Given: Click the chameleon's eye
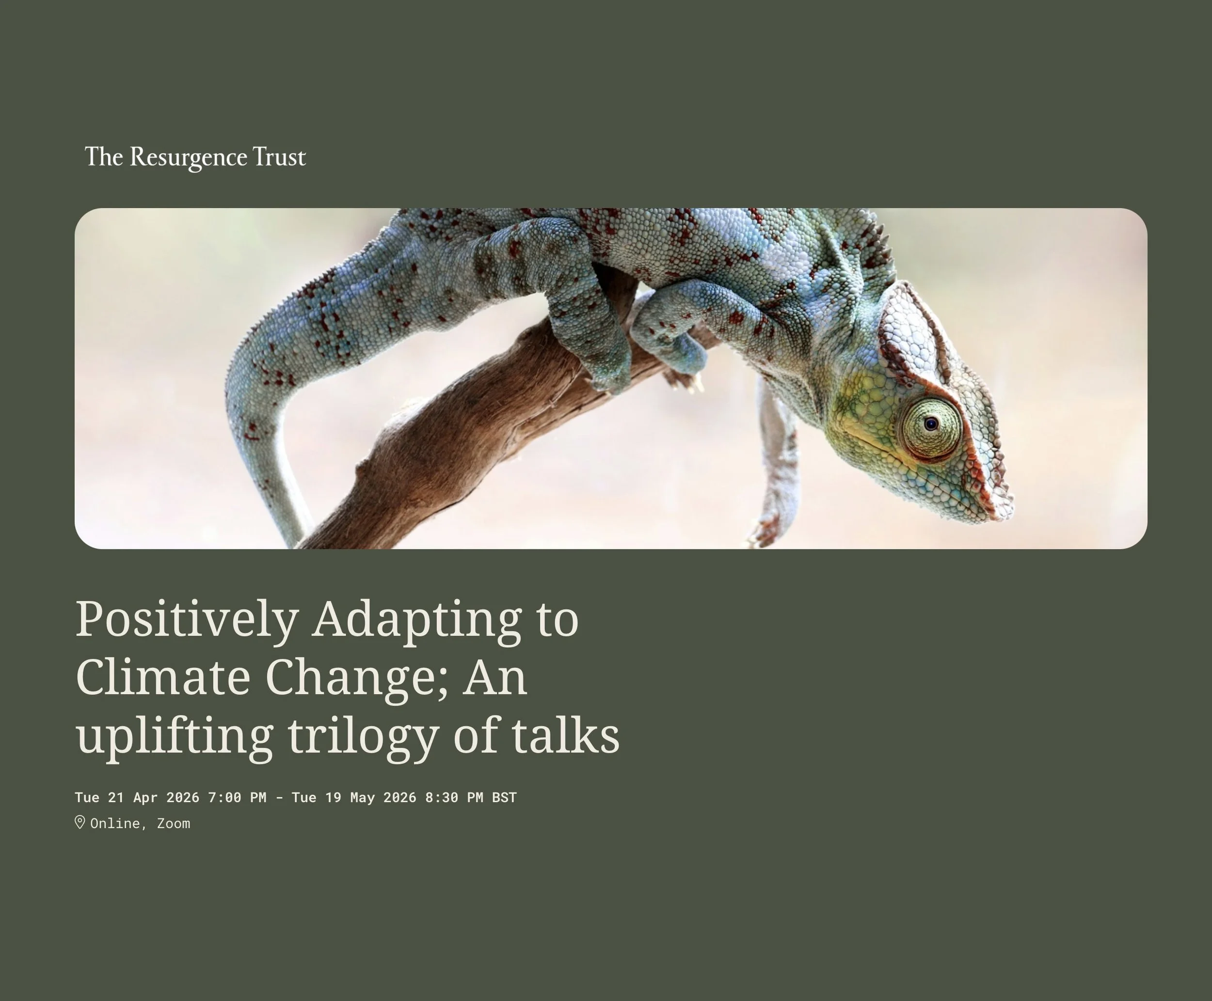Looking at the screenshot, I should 930,425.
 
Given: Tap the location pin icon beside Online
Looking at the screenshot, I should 80,822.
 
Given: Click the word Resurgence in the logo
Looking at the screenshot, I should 188,157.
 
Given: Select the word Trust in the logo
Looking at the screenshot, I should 279,157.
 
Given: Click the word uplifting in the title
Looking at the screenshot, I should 174,736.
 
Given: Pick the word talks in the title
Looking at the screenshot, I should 565,736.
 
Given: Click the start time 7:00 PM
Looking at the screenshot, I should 237,798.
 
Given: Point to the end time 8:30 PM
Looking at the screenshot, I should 454,798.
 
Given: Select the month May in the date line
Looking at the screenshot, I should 362,798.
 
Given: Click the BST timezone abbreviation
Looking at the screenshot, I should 504,798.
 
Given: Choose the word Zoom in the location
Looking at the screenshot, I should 174,823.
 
